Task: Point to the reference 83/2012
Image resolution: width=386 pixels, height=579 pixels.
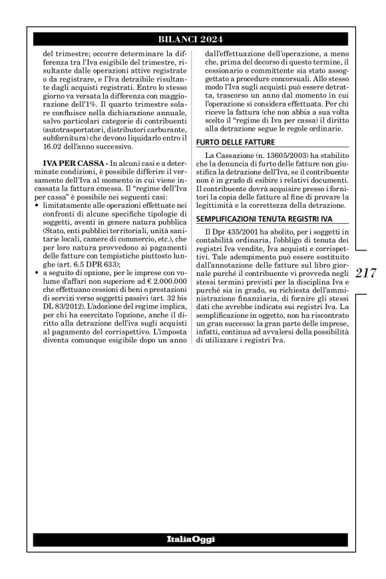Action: click(67, 322)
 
